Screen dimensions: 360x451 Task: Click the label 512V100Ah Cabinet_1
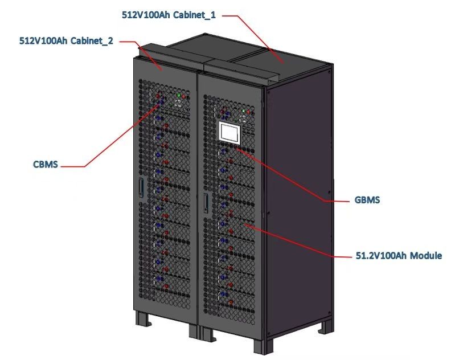169,15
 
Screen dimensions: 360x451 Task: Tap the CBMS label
45,165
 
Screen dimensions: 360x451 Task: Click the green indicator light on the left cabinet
179,95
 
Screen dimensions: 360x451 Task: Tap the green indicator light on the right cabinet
243,111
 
